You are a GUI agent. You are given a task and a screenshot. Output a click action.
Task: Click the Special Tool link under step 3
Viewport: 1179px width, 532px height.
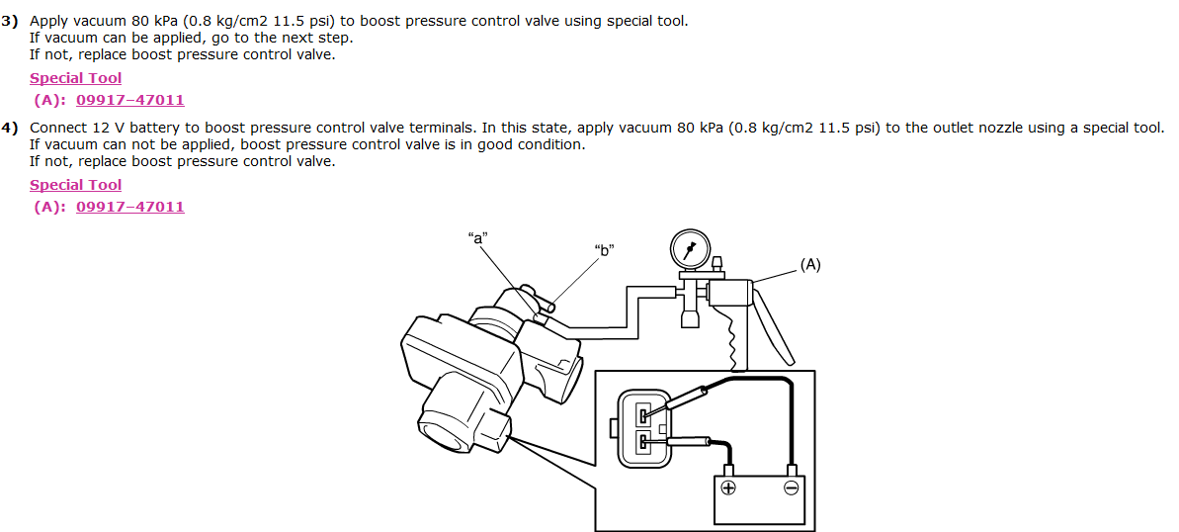[x=76, y=78]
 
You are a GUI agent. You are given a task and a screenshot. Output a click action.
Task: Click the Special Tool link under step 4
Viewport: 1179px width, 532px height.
[x=76, y=185]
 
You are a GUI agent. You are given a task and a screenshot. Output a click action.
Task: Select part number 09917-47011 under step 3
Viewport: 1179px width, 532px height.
[x=130, y=100]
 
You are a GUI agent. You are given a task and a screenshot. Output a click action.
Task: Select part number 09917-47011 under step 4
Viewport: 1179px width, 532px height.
[x=130, y=207]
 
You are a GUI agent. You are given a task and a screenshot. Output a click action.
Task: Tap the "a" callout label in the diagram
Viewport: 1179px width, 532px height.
[x=477, y=236]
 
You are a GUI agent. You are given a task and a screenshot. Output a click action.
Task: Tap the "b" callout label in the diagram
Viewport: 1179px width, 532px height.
[x=605, y=249]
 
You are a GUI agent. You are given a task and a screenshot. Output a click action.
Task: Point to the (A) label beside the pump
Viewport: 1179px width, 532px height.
[x=809, y=265]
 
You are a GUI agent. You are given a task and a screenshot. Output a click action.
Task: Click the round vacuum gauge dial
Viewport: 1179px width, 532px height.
[x=690, y=248]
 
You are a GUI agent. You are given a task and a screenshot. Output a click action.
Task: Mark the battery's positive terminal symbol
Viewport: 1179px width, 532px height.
[x=728, y=488]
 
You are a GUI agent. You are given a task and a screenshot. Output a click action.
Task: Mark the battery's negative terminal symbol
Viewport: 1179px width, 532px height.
[x=791, y=488]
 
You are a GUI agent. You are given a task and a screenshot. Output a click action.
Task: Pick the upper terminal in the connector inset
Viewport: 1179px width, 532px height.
[x=643, y=413]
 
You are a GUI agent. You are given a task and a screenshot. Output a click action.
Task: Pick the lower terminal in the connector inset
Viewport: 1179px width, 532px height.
[x=643, y=441]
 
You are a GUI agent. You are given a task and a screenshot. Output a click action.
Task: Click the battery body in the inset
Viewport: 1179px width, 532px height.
[x=760, y=499]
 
